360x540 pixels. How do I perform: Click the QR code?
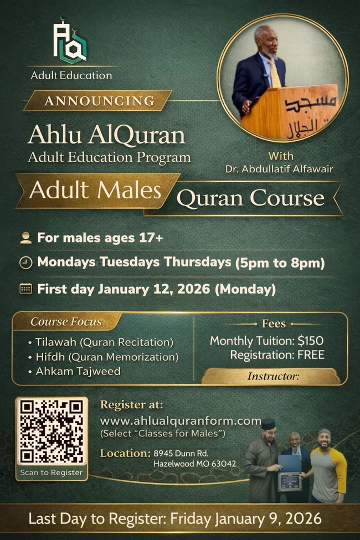click(52, 431)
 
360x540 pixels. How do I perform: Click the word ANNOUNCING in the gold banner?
click(100, 101)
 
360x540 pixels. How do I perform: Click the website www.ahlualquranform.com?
click(180, 420)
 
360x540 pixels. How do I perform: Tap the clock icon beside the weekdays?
click(25, 263)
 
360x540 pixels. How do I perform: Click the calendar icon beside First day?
click(25, 289)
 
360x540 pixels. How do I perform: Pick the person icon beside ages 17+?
click(25, 238)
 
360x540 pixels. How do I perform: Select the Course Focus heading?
click(66, 322)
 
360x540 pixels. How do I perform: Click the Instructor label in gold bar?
click(273, 377)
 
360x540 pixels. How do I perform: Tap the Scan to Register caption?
click(52, 472)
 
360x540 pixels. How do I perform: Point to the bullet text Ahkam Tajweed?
click(78, 371)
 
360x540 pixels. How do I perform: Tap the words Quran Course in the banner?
click(251, 198)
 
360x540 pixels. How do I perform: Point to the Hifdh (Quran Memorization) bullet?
click(107, 357)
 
